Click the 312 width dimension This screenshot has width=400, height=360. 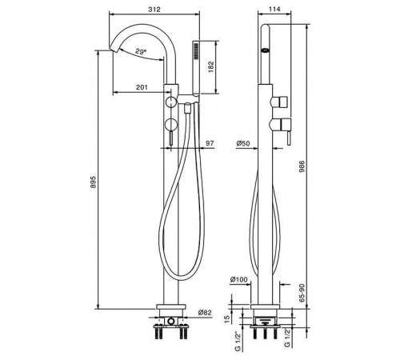point(154,10)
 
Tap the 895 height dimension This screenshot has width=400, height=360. point(93,182)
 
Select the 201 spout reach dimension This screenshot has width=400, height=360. point(142,87)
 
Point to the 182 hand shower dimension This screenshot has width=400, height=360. point(211,67)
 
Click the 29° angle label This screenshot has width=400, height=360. point(141,51)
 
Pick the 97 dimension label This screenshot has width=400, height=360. point(210,143)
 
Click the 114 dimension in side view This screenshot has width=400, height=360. point(274,9)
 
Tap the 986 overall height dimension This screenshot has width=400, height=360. point(302,166)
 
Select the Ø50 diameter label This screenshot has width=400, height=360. point(243,143)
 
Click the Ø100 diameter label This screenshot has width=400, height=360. point(238,279)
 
